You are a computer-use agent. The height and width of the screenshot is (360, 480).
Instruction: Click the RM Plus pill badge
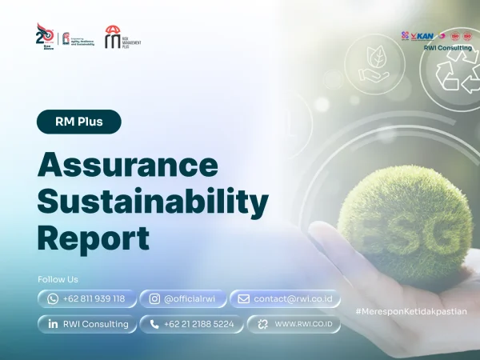pos(79,122)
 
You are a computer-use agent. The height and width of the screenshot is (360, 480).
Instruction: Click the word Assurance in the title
pos(128,165)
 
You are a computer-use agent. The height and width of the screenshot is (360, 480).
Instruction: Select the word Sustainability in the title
pos(153,202)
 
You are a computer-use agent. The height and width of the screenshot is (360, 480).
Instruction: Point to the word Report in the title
pos(94,238)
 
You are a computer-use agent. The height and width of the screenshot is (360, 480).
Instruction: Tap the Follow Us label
pos(58,279)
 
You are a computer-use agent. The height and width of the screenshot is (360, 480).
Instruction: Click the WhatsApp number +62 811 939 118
pos(86,298)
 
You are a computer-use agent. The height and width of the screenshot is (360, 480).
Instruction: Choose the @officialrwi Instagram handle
pos(183,298)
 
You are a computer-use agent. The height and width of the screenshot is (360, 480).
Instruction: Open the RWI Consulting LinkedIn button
pos(86,324)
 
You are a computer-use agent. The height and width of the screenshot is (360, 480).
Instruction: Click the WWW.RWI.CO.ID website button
pos(295,324)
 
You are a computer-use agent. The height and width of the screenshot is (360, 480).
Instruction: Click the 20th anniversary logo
pos(46,36)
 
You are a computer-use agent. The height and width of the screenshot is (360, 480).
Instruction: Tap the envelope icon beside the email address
pos(243,298)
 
